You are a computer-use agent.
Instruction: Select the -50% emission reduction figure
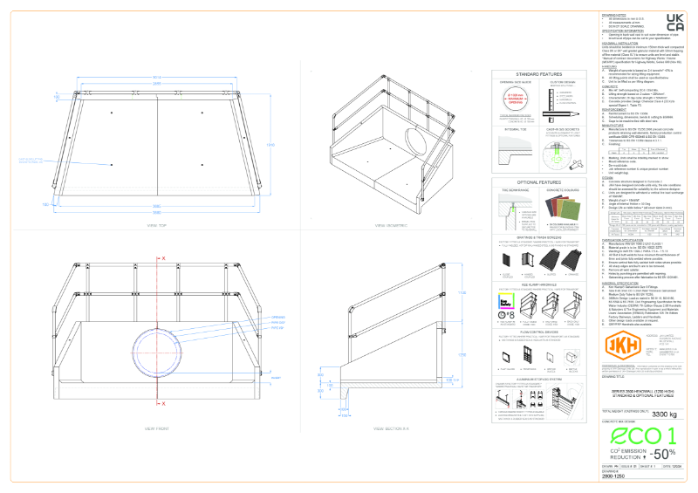[x=662, y=453]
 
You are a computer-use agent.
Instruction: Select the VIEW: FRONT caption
[x=158, y=429]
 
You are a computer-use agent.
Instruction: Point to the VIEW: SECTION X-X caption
[x=392, y=429]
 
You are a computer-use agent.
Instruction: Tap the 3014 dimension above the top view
[x=157, y=78]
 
